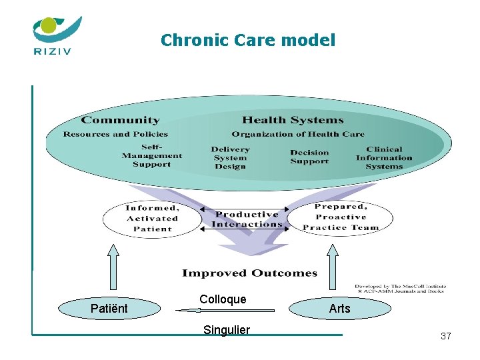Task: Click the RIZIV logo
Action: click(x=57, y=35)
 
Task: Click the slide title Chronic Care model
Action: click(x=248, y=41)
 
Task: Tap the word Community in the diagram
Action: click(x=120, y=121)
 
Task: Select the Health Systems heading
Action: click(x=293, y=121)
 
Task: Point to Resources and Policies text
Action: click(x=115, y=134)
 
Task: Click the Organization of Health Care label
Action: click(x=298, y=134)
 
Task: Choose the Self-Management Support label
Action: click(x=152, y=155)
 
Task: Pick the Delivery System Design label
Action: click(x=230, y=158)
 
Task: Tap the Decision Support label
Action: click(x=309, y=157)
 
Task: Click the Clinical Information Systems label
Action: click(x=384, y=158)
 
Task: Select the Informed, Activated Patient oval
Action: click(x=152, y=219)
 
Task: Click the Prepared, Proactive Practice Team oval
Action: click(x=340, y=217)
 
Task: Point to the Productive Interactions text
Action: click(x=247, y=219)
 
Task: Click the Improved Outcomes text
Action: click(x=249, y=273)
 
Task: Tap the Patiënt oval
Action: click(x=109, y=308)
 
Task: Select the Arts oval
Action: click(x=339, y=308)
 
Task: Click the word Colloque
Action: click(x=223, y=299)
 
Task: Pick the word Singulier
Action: click(x=227, y=330)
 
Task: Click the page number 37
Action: click(x=445, y=336)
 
